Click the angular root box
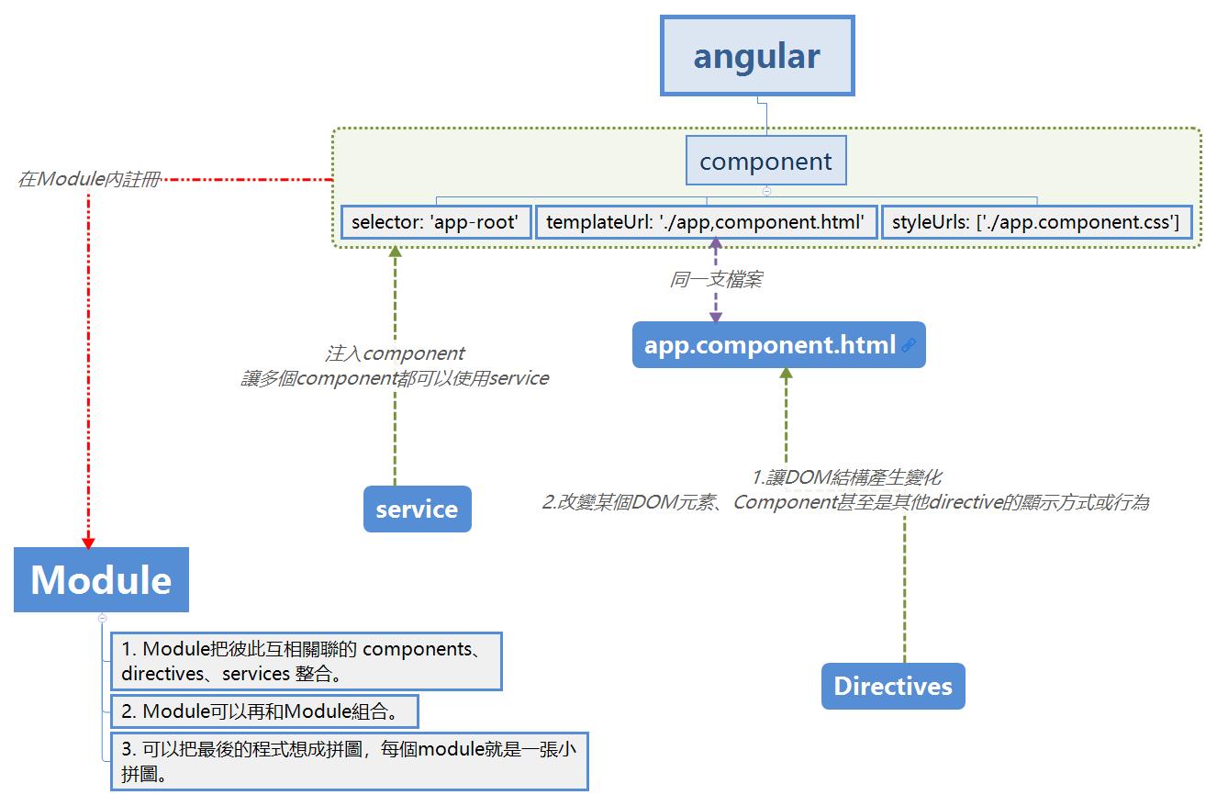[757, 55]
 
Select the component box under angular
[766, 161]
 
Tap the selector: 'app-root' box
[436, 222]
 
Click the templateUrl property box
[706, 222]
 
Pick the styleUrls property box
[1036, 222]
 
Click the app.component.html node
[778, 344]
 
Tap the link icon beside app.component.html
[909, 344]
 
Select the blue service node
[418, 509]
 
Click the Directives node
[893, 686]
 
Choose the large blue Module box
[101, 579]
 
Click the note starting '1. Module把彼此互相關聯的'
[307, 661]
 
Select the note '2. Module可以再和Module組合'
[264, 711]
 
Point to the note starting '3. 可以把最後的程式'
[350, 761]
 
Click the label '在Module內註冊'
[89, 179]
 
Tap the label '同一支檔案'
[716, 279]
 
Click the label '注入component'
[395, 353]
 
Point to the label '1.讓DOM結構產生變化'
[847, 477]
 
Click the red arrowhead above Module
[88, 543]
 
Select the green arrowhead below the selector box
[395, 252]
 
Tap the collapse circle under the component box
[766, 191]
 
